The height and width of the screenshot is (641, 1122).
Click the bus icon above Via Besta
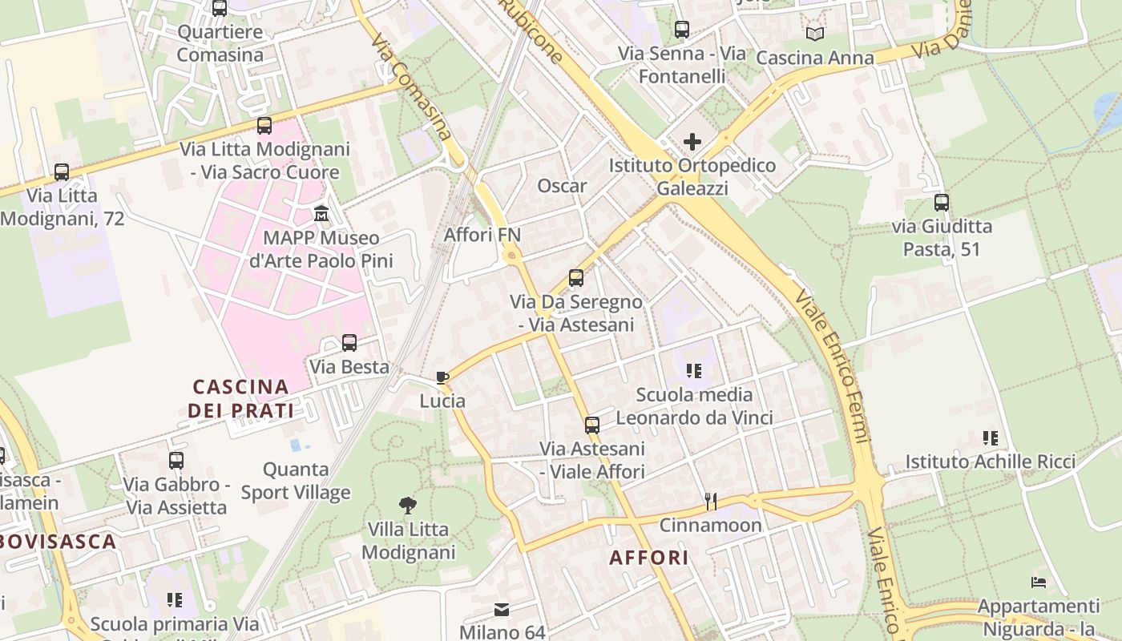(x=349, y=343)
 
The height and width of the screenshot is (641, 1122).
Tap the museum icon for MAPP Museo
(x=321, y=213)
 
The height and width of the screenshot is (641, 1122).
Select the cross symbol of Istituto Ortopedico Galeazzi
(x=692, y=142)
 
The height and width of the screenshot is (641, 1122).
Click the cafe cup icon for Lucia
(x=442, y=377)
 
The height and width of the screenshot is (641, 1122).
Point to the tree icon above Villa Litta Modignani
(x=408, y=505)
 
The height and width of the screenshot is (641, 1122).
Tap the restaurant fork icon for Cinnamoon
(x=710, y=501)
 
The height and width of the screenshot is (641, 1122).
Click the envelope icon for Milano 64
(x=502, y=610)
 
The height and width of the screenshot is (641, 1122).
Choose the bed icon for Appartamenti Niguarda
(x=1039, y=582)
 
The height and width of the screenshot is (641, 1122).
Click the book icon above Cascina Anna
(x=815, y=34)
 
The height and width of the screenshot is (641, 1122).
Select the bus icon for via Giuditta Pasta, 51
(x=942, y=203)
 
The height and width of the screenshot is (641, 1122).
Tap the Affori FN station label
(x=482, y=235)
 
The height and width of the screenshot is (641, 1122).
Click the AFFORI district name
(x=649, y=558)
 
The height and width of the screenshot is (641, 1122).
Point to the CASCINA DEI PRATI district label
(x=240, y=398)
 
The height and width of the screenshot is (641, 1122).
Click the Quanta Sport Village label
(x=296, y=481)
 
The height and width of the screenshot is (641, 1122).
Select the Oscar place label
(x=562, y=186)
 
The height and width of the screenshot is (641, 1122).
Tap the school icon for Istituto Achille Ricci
(x=991, y=437)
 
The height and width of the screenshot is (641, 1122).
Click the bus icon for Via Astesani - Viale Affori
(x=592, y=425)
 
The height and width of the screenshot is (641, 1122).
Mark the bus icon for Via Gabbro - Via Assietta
(x=176, y=461)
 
